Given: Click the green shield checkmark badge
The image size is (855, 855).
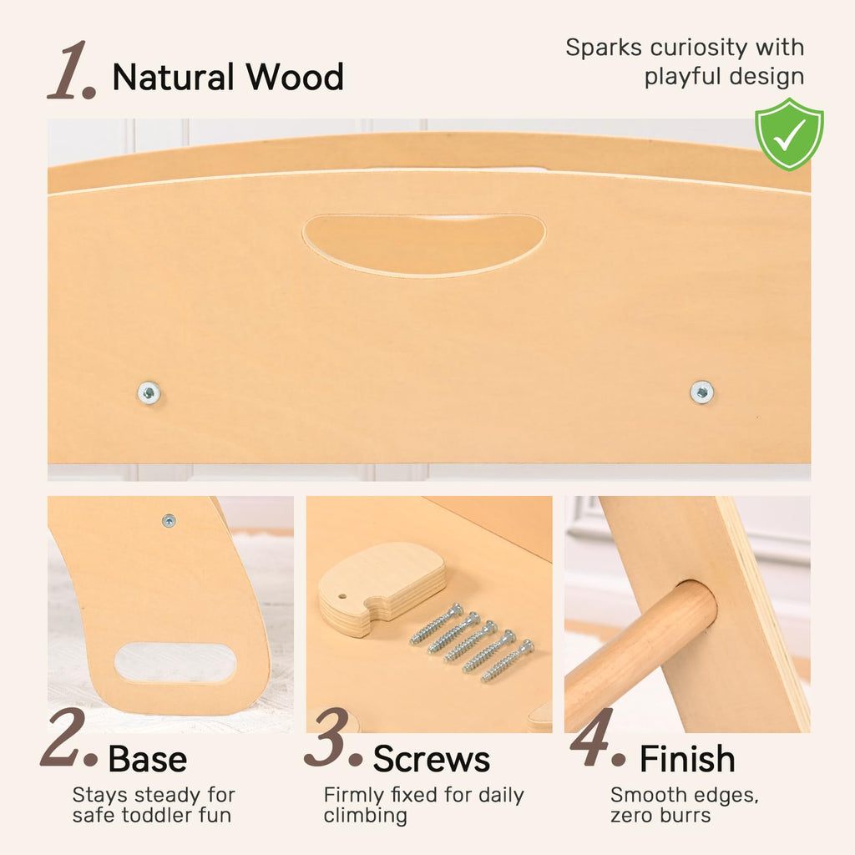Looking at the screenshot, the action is pyautogui.click(x=789, y=134).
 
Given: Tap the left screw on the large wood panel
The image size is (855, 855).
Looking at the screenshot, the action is pyautogui.click(x=149, y=392).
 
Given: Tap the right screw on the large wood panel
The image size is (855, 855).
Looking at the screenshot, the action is pyautogui.click(x=701, y=392).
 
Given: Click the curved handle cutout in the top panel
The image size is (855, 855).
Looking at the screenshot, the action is pyautogui.click(x=423, y=245).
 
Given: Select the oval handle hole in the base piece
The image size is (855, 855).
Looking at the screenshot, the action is pyautogui.click(x=175, y=662).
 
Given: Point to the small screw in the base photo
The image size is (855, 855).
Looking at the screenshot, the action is pyautogui.click(x=169, y=521).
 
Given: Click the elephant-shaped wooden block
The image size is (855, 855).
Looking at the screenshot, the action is pyautogui.click(x=382, y=589).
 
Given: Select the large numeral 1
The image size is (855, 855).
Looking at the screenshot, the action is pyautogui.click(x=72, y=70).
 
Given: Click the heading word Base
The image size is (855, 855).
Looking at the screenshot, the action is pyautogui.click(x=147, y=759).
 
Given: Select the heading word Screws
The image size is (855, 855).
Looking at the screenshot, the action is pyautogui.click(x=432, y=759).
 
